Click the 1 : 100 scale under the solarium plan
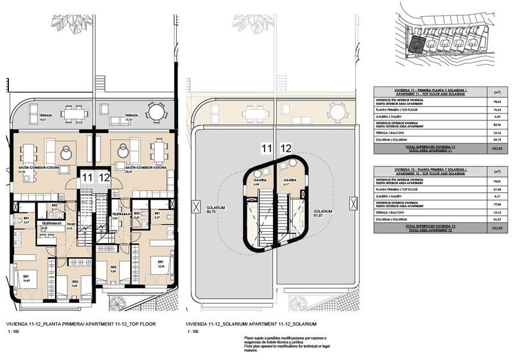tap(192, 332)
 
